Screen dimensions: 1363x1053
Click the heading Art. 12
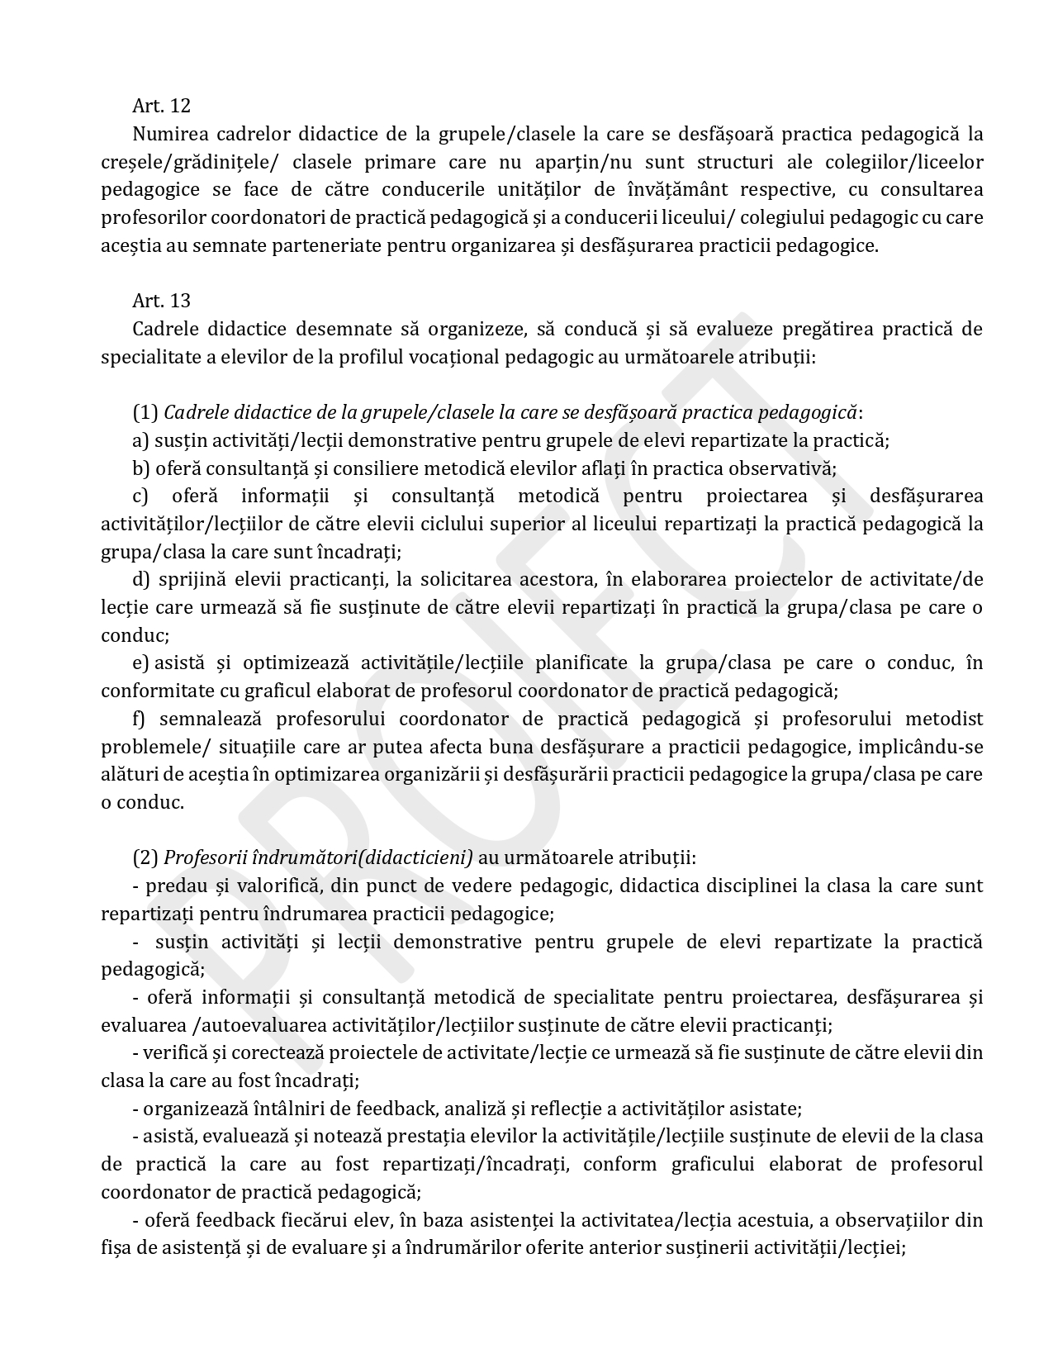coord(161,106)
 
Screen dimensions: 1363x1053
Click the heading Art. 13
coord(161,301)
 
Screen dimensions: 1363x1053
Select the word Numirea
coord(166,134)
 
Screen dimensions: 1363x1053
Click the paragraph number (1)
coord(145,412)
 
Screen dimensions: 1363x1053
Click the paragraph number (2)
coord(145,858)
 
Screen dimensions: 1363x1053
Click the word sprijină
coord(192,580)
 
